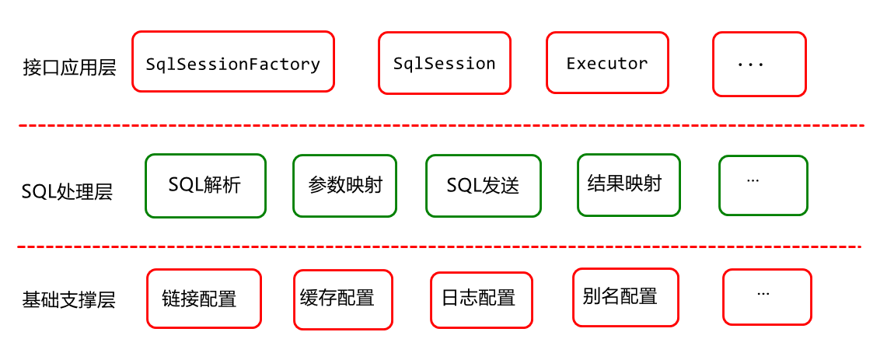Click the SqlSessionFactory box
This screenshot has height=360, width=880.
pos(233,61)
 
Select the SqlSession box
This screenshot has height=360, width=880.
pos(445,63)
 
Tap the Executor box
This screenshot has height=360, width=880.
pos(607,62)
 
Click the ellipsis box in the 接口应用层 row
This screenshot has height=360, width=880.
pos(760,64)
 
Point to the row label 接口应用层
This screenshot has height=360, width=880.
pos(70,68)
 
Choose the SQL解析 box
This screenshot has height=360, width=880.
pos(205,186)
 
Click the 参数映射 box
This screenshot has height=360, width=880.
pos(344,186)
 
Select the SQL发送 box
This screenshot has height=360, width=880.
pos(484,186)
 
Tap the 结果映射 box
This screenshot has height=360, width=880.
pos(629,185)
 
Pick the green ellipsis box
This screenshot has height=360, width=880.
pos(763,185)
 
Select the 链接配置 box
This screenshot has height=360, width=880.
pos(204,299)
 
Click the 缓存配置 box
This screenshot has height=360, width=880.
pos(343,299)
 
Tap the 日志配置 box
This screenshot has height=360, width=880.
pos(481,300)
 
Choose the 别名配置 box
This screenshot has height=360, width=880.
pos(626,297)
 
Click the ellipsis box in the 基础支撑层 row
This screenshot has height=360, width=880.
pos(767,297)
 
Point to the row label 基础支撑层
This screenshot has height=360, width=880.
pos(69,299)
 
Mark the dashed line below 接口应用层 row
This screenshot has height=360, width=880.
pos(441,126)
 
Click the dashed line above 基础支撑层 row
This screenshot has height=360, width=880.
pos(439,246)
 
